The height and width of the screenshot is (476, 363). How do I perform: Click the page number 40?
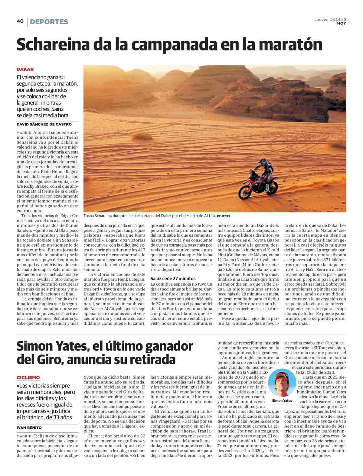pos(20,21)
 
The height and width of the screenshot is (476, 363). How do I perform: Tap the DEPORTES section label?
pos(49,22)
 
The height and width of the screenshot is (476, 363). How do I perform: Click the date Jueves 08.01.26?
pos(330,19)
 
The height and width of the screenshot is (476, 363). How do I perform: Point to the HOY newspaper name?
pos(342,24)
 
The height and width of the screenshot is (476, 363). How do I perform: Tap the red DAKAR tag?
pos(25,69)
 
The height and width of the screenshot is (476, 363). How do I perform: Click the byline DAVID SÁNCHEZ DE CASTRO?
pos(44,124)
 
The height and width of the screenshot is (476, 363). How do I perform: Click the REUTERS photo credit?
pos(223,216)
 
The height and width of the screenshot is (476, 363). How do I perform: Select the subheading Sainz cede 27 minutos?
pos(173,278)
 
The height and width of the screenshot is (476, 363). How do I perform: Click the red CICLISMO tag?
pos(28,377)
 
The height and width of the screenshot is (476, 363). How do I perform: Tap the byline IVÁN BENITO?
pos(29,428)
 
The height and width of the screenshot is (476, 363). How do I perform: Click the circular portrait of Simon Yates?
pos(282,383)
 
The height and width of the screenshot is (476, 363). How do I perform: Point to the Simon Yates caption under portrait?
pos(282,401)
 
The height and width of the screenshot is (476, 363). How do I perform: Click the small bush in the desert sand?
pos(142,137)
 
